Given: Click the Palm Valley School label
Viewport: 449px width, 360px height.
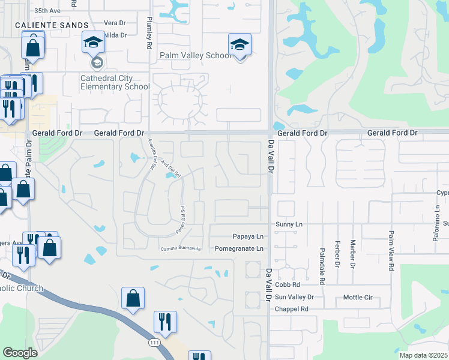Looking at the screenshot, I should pos(194,55).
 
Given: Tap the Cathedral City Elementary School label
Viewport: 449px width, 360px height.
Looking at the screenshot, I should pos(115,82).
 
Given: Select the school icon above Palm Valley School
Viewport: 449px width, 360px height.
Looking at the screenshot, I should pos(239,44).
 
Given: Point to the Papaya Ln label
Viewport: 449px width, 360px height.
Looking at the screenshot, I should pos(248,237).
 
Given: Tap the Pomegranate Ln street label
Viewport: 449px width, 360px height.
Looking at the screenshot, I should pos(238,248).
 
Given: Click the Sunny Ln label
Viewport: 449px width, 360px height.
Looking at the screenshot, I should pos(289,224).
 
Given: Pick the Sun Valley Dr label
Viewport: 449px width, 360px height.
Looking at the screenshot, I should pos(294,297).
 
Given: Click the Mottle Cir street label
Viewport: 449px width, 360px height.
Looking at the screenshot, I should pos(358,297).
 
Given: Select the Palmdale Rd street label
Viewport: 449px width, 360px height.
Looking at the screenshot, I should pos(322,265).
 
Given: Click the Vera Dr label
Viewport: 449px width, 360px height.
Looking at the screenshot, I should pos(113,23).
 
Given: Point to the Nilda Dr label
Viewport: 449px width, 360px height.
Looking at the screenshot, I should pos(116,35).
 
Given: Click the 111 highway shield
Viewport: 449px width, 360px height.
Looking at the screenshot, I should pos(154,341).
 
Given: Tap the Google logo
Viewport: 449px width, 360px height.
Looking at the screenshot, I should pos(20,353).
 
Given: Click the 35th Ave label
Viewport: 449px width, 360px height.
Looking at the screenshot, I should pos(47,11).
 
